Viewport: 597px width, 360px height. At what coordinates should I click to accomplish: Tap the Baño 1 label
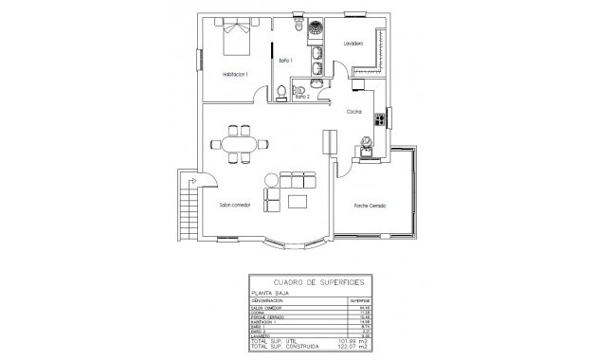coord(285,61)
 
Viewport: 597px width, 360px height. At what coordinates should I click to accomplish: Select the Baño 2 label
coord(302,97)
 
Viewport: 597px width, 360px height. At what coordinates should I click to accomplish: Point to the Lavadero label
coord(354,43)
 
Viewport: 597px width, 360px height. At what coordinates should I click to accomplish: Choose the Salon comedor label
coord(235,205)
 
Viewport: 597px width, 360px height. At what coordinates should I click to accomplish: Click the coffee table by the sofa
coord(298,202)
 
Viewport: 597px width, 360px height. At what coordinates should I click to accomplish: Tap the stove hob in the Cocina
coord(380,119)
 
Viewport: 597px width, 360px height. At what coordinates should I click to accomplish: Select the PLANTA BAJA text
coord(269,295)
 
